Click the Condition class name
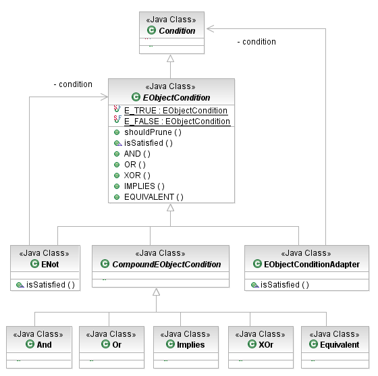pyautogui.click(x=177, y=30)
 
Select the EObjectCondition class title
pyautogui.click(x=176, y=97)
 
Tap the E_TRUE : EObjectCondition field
pyautogui.click(x=175, y=111)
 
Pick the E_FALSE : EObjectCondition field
pyautogui.click(x=177, y=122)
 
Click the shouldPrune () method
pyautogui.click(x=153, y=132)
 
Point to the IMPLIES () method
pyautogui.click(x=144, y=186)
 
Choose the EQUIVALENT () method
pyautogui.click(x=154, y=197)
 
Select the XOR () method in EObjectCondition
pyautogui.click(x=137, y=176)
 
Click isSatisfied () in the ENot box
pyautogui.click(x=51, y=285)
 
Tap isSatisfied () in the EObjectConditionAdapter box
pyautogui.click(x=285, y=285)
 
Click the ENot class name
pyautogui.click(x=50, y=264)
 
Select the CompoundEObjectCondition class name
pyautogui.click(x=167, y=264)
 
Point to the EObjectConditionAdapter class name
pyautogui.click(x=312, y=264)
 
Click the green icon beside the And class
pyautogui.click(x=30, y=344)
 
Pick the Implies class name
pyautogui.click(x=190, y=345)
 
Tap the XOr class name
pyautogui.click(x=266, y=345)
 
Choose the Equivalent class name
pyautogui.click(x=340, y=345)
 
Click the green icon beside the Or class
pyautogui.click(x=105, y=344)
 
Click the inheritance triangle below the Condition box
pyautogui.click(x=170, y=58)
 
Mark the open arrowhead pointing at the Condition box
pyautogui.click(x=211, y=28)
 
